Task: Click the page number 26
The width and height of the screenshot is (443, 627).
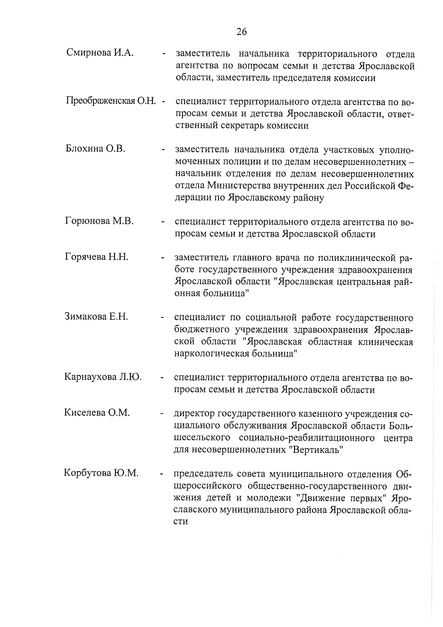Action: (x=241, y=32)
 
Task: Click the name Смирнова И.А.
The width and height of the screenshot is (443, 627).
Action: (x=100, y=53)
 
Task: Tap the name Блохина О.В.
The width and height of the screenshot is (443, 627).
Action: (x=96, y=149)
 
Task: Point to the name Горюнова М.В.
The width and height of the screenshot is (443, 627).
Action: (x=99, y=221)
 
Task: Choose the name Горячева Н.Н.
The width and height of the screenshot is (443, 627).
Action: (x=97, y=257)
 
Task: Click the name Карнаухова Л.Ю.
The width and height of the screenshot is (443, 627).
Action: (x=103, y=377)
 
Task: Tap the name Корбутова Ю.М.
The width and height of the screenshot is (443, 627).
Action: (x=101, y=473)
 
